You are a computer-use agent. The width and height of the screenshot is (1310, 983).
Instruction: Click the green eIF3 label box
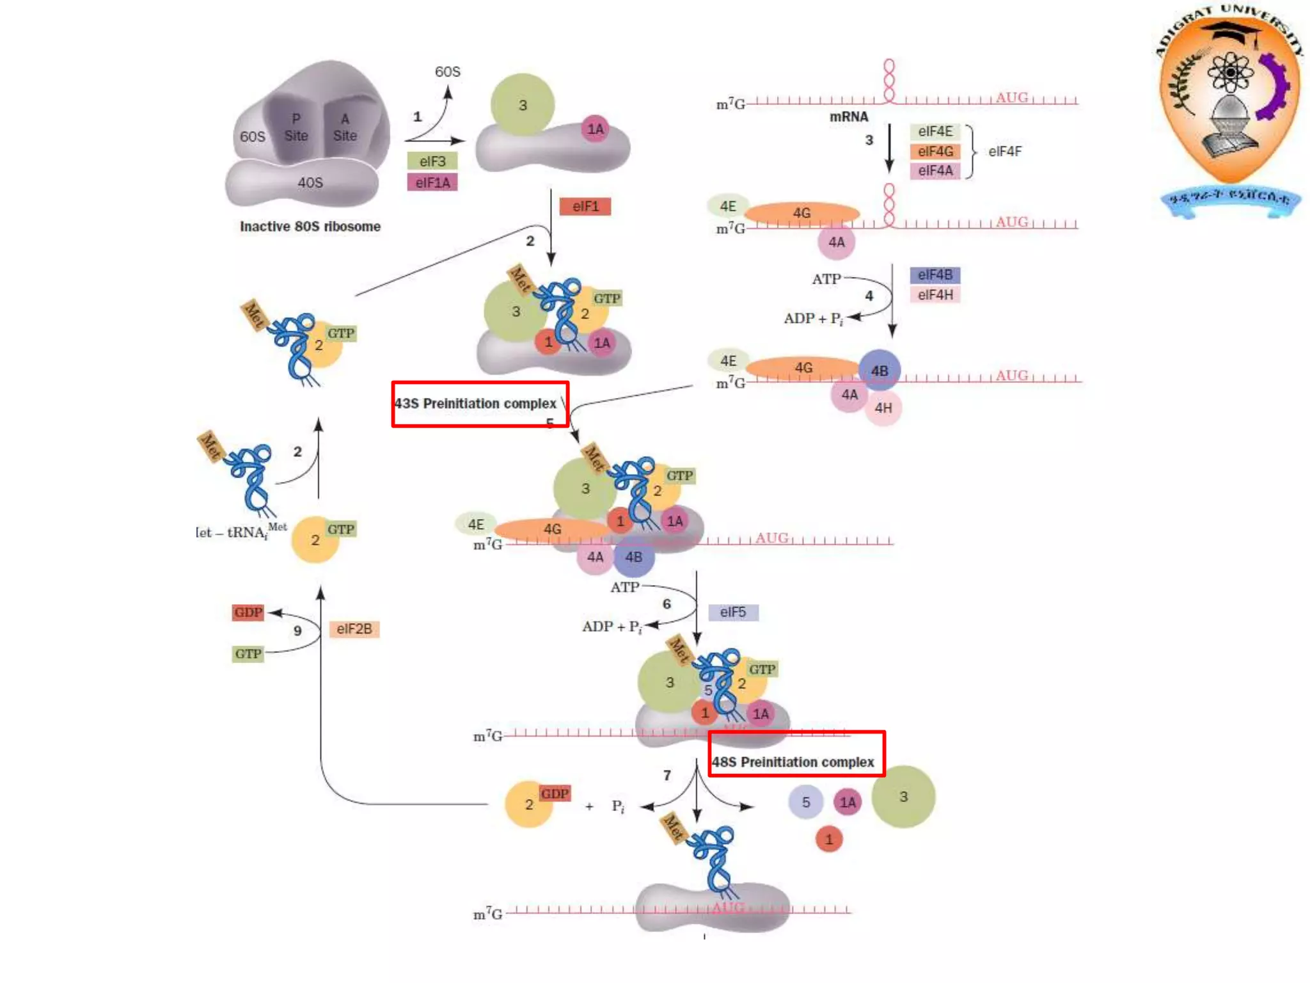click(432, 161)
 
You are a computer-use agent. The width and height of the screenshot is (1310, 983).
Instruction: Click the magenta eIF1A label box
click(432, 182)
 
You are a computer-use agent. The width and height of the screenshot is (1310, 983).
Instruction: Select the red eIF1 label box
click(585, 206)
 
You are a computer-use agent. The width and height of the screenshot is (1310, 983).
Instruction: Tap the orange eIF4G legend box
click(935, 152)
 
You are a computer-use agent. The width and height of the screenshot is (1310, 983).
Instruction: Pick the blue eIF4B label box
click(935, 275)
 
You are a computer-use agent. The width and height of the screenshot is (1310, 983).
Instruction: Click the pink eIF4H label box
click(935, 295)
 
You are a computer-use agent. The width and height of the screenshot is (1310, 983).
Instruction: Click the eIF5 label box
click(733, 612)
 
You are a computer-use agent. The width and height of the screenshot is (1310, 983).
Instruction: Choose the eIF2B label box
click(354, 629)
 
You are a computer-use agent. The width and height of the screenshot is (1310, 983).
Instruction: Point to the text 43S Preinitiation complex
click(475, 404)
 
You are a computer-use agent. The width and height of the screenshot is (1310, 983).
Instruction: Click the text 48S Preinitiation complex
click(793, 762)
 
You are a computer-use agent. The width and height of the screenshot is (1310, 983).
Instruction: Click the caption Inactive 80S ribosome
click(310, 227)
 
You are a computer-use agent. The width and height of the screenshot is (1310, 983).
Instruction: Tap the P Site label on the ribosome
click(296, 127)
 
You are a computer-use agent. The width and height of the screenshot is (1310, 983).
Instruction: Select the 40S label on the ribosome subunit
click(310, 183)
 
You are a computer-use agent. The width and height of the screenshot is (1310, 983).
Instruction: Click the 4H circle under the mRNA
click(883, 408)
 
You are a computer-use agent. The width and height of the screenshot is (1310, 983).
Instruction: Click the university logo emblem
click(1229, 102)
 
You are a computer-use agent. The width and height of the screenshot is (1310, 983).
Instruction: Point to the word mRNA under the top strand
click(849, 117)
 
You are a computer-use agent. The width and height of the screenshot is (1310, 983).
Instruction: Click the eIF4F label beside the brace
click(1005, 152)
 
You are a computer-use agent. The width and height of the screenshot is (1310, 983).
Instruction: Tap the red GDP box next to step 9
click(248, 612)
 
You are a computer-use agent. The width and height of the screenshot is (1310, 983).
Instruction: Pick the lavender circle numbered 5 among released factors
click(806, 802)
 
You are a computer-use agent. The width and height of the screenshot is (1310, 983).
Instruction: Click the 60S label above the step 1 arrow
click(447, 72)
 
